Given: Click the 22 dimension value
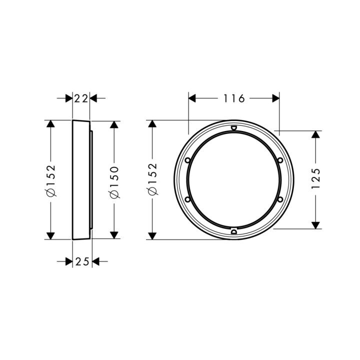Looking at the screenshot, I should [81, 98].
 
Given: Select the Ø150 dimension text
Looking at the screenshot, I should [114, 179].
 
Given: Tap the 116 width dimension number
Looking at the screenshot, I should [233, 98].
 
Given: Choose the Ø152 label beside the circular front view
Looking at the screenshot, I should [152, 179].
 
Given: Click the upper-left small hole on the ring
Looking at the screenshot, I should [187, 160].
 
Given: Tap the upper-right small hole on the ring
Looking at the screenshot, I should [280, 160].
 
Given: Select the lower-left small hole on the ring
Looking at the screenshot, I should [187, 199].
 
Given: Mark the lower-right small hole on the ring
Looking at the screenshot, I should [280, 199].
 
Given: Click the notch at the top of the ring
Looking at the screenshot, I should [233, 128].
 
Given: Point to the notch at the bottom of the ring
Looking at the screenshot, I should [233, 231].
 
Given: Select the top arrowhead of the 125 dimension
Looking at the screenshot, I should [315, 135].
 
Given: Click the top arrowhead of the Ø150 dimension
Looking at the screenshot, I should [114, 125].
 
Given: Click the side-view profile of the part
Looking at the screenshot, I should [81, 179].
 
